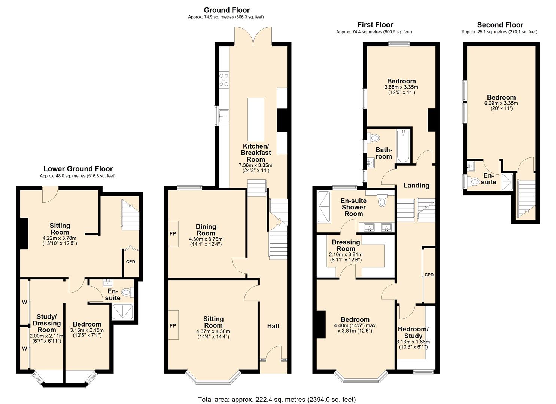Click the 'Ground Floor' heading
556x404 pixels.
click(227, 10)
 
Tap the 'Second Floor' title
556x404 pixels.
click(500, 25)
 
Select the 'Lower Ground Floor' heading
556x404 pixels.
click(78, 169)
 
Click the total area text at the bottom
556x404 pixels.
click(277, 399)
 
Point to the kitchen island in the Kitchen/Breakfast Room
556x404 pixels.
click(256, 114)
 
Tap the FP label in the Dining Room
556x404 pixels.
click(173, 233)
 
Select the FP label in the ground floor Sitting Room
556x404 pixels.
click(173, 325)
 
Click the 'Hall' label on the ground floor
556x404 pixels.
click(273, 326)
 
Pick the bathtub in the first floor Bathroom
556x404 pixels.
click(403, 146)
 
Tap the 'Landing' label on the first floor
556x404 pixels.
click(416, 186)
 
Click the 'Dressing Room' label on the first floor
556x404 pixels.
click(346, 245)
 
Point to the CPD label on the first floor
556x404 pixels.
click(429, 275)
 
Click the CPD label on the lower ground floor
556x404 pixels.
click(130, 261)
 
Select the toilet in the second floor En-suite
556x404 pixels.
click(474, 182)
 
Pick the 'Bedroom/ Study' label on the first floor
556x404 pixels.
click(413, 333)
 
